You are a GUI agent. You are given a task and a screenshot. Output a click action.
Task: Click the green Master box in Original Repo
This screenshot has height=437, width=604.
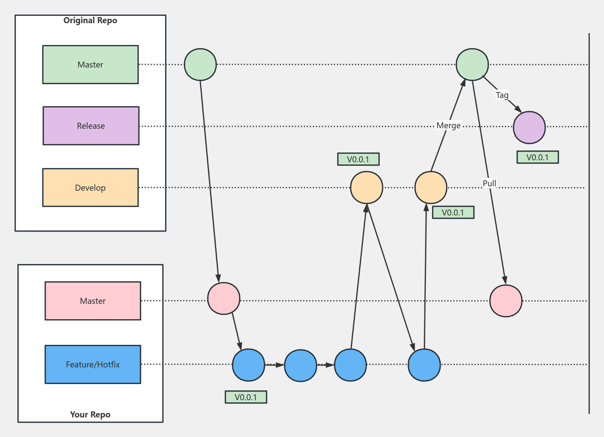[90, 64]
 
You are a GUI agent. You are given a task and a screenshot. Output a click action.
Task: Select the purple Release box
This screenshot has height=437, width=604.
[91, 126]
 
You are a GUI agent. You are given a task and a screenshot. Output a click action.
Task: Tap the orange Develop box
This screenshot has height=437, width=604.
[90, 188]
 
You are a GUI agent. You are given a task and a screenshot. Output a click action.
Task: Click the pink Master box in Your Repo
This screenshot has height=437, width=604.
[93, 301]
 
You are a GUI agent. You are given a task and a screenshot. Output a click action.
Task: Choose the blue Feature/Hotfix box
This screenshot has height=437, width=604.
[93, 364]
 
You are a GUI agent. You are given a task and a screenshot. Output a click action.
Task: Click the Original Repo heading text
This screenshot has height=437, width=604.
[90, 20]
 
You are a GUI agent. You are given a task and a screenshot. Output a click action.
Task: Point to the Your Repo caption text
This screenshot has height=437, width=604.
[90, 414]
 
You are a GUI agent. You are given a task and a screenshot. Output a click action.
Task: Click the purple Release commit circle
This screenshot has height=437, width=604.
[529, 127]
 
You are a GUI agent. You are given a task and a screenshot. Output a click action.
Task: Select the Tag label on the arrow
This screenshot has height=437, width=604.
[502, 95]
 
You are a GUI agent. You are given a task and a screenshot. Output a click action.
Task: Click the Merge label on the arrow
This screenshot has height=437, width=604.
[448, 126]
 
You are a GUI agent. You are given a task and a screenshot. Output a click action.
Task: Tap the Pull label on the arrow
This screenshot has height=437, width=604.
[489, 183]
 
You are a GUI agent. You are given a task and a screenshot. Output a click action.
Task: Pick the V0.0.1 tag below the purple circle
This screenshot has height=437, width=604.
[538, 158]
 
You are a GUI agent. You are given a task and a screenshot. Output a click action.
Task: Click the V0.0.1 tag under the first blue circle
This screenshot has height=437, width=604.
[246, 397]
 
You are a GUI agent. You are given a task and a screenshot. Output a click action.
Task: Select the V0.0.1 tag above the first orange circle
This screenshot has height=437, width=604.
[358, 159]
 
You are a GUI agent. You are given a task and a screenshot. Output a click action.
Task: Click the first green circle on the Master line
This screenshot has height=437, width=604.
[200, 64]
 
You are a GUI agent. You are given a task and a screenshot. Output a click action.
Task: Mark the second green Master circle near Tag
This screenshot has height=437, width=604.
[472, 64]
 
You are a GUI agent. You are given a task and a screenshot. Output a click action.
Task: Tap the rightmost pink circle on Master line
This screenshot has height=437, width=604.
[506, 301]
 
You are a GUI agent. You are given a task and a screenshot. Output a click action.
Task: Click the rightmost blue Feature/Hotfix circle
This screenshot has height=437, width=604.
[424, 365]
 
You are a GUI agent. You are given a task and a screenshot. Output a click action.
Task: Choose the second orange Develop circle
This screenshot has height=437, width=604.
[431, 188]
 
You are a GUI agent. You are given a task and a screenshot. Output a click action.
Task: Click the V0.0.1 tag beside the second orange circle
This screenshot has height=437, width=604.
[453, 212]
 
